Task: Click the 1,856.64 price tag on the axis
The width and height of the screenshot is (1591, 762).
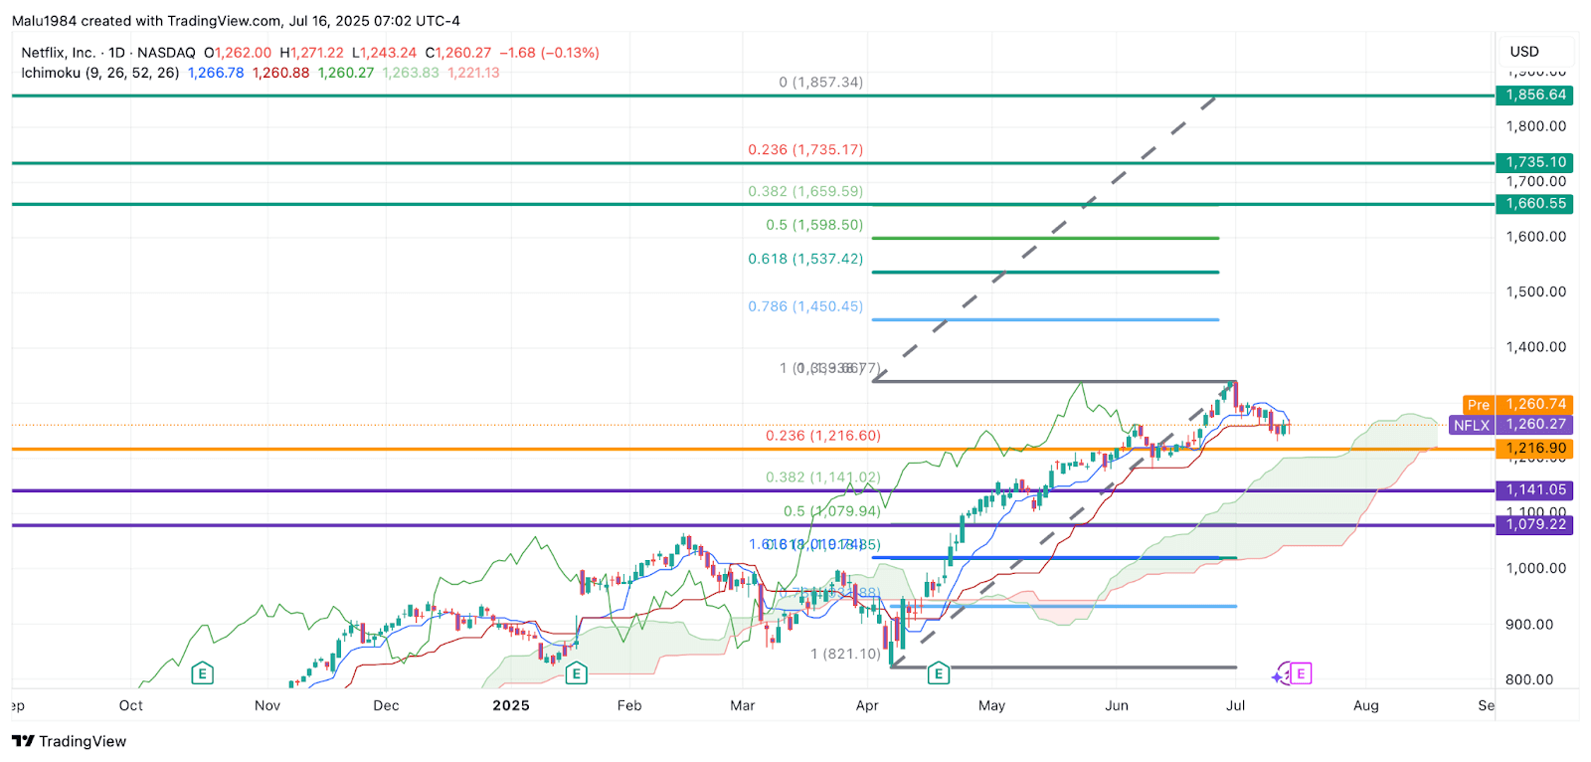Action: tap(1534, 95)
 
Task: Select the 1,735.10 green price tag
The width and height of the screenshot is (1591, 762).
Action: tap(1534, 162)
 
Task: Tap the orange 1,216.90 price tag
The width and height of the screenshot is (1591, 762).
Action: tap(1534, 449)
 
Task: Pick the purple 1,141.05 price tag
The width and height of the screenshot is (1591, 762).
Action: tap(1534, 489)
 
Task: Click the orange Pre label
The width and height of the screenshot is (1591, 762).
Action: tap(1479, 405)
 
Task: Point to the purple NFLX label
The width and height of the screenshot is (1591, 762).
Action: tap(1471, 425)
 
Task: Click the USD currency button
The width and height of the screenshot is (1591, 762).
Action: tap(1523, 52)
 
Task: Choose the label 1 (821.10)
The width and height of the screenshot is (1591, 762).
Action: tap(845, 654)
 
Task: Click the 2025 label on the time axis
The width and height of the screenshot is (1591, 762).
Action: tap(511, 705)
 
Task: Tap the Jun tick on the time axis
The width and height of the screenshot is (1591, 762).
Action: tap(1116, 705)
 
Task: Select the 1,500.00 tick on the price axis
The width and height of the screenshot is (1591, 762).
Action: tap(1535, 291)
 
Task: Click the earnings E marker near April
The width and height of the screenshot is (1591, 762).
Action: tap(938, 674)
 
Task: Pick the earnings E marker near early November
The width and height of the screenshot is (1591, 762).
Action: tap(202, 674)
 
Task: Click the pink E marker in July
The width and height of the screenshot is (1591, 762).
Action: tap(1301, 673)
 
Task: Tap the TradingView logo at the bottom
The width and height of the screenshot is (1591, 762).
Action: tap(70, 741)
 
